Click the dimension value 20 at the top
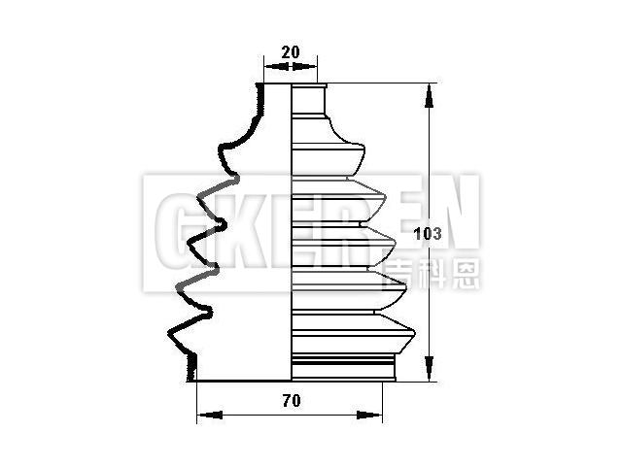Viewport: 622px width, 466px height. point(291,51)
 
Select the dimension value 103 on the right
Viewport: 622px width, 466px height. point(428,234)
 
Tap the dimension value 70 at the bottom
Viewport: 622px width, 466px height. point(292,401)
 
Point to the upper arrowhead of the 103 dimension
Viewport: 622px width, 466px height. point(429,95)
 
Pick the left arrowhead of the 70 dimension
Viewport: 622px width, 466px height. point(210,415)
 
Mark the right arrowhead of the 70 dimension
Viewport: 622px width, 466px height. point(369,415)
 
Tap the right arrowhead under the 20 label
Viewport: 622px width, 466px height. point(304,66)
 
